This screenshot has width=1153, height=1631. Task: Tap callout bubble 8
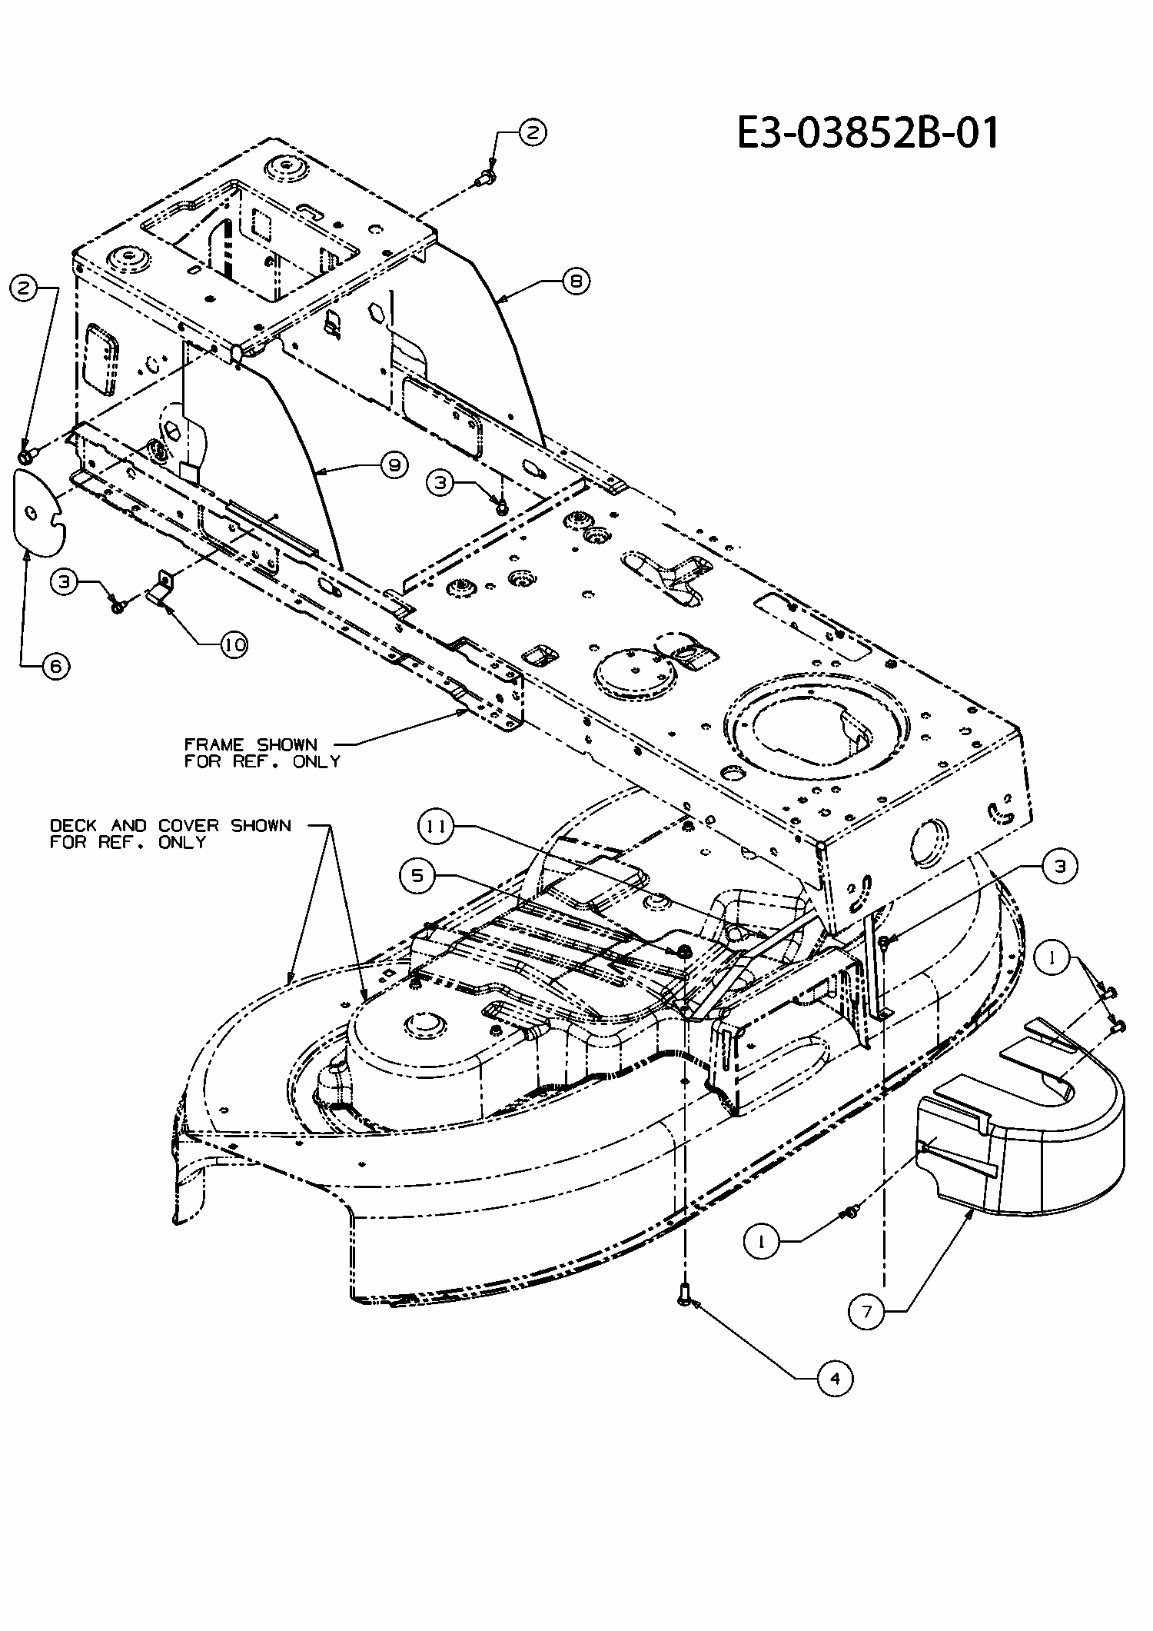coord(576,281)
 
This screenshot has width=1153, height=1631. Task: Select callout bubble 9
coord(394,464)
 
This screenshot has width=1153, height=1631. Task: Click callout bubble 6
coord(55,666)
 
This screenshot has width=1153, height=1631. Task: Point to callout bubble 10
coord(234,644)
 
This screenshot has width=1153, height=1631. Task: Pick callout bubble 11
coord(436,827)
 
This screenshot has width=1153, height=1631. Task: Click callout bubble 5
coord(417,877)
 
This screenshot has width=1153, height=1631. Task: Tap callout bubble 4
coord(835,1379)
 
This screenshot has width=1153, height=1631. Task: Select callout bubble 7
coord(867,1312)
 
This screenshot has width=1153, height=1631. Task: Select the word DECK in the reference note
coord(73,825)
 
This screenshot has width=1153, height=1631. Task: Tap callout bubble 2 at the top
coord(532,132)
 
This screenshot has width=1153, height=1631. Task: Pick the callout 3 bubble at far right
coord(1061,867)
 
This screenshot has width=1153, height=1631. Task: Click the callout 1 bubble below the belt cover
coord(762,1242)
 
